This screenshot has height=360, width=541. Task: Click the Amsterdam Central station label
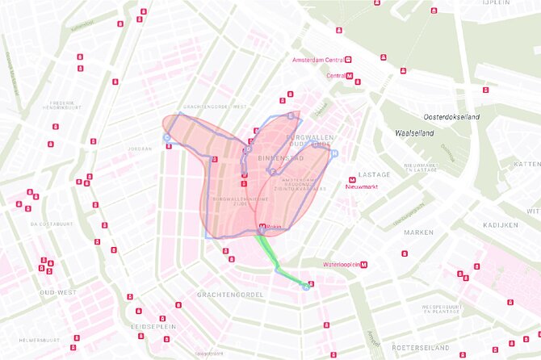point(317,60)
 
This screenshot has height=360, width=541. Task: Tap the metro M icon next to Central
point(350,76)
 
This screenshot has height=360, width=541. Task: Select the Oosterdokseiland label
point(452,117)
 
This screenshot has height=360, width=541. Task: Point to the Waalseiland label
point(415,132)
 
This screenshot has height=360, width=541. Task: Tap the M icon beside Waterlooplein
point(364,264)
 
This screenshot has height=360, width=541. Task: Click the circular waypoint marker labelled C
point(167,138)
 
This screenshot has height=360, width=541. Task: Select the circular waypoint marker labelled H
point(333,152)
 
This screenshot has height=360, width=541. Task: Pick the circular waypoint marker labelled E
point(290,116)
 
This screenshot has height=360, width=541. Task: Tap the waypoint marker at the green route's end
point(305,287)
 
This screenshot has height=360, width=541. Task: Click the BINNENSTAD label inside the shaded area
point(284,158)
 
